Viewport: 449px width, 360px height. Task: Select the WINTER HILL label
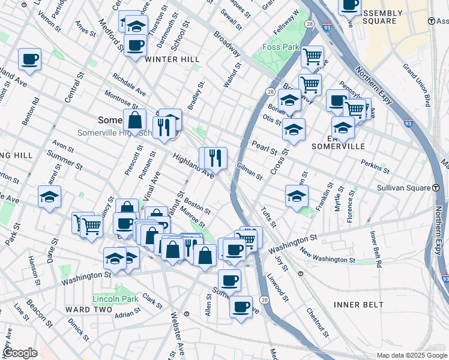(172, 59)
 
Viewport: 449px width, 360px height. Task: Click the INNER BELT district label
(358, 305)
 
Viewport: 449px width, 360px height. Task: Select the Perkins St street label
(376, 164)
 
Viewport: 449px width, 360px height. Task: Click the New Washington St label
(328, 258)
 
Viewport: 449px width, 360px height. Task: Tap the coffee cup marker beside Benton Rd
(29, 59)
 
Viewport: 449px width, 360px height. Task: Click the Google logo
(20, 353)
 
